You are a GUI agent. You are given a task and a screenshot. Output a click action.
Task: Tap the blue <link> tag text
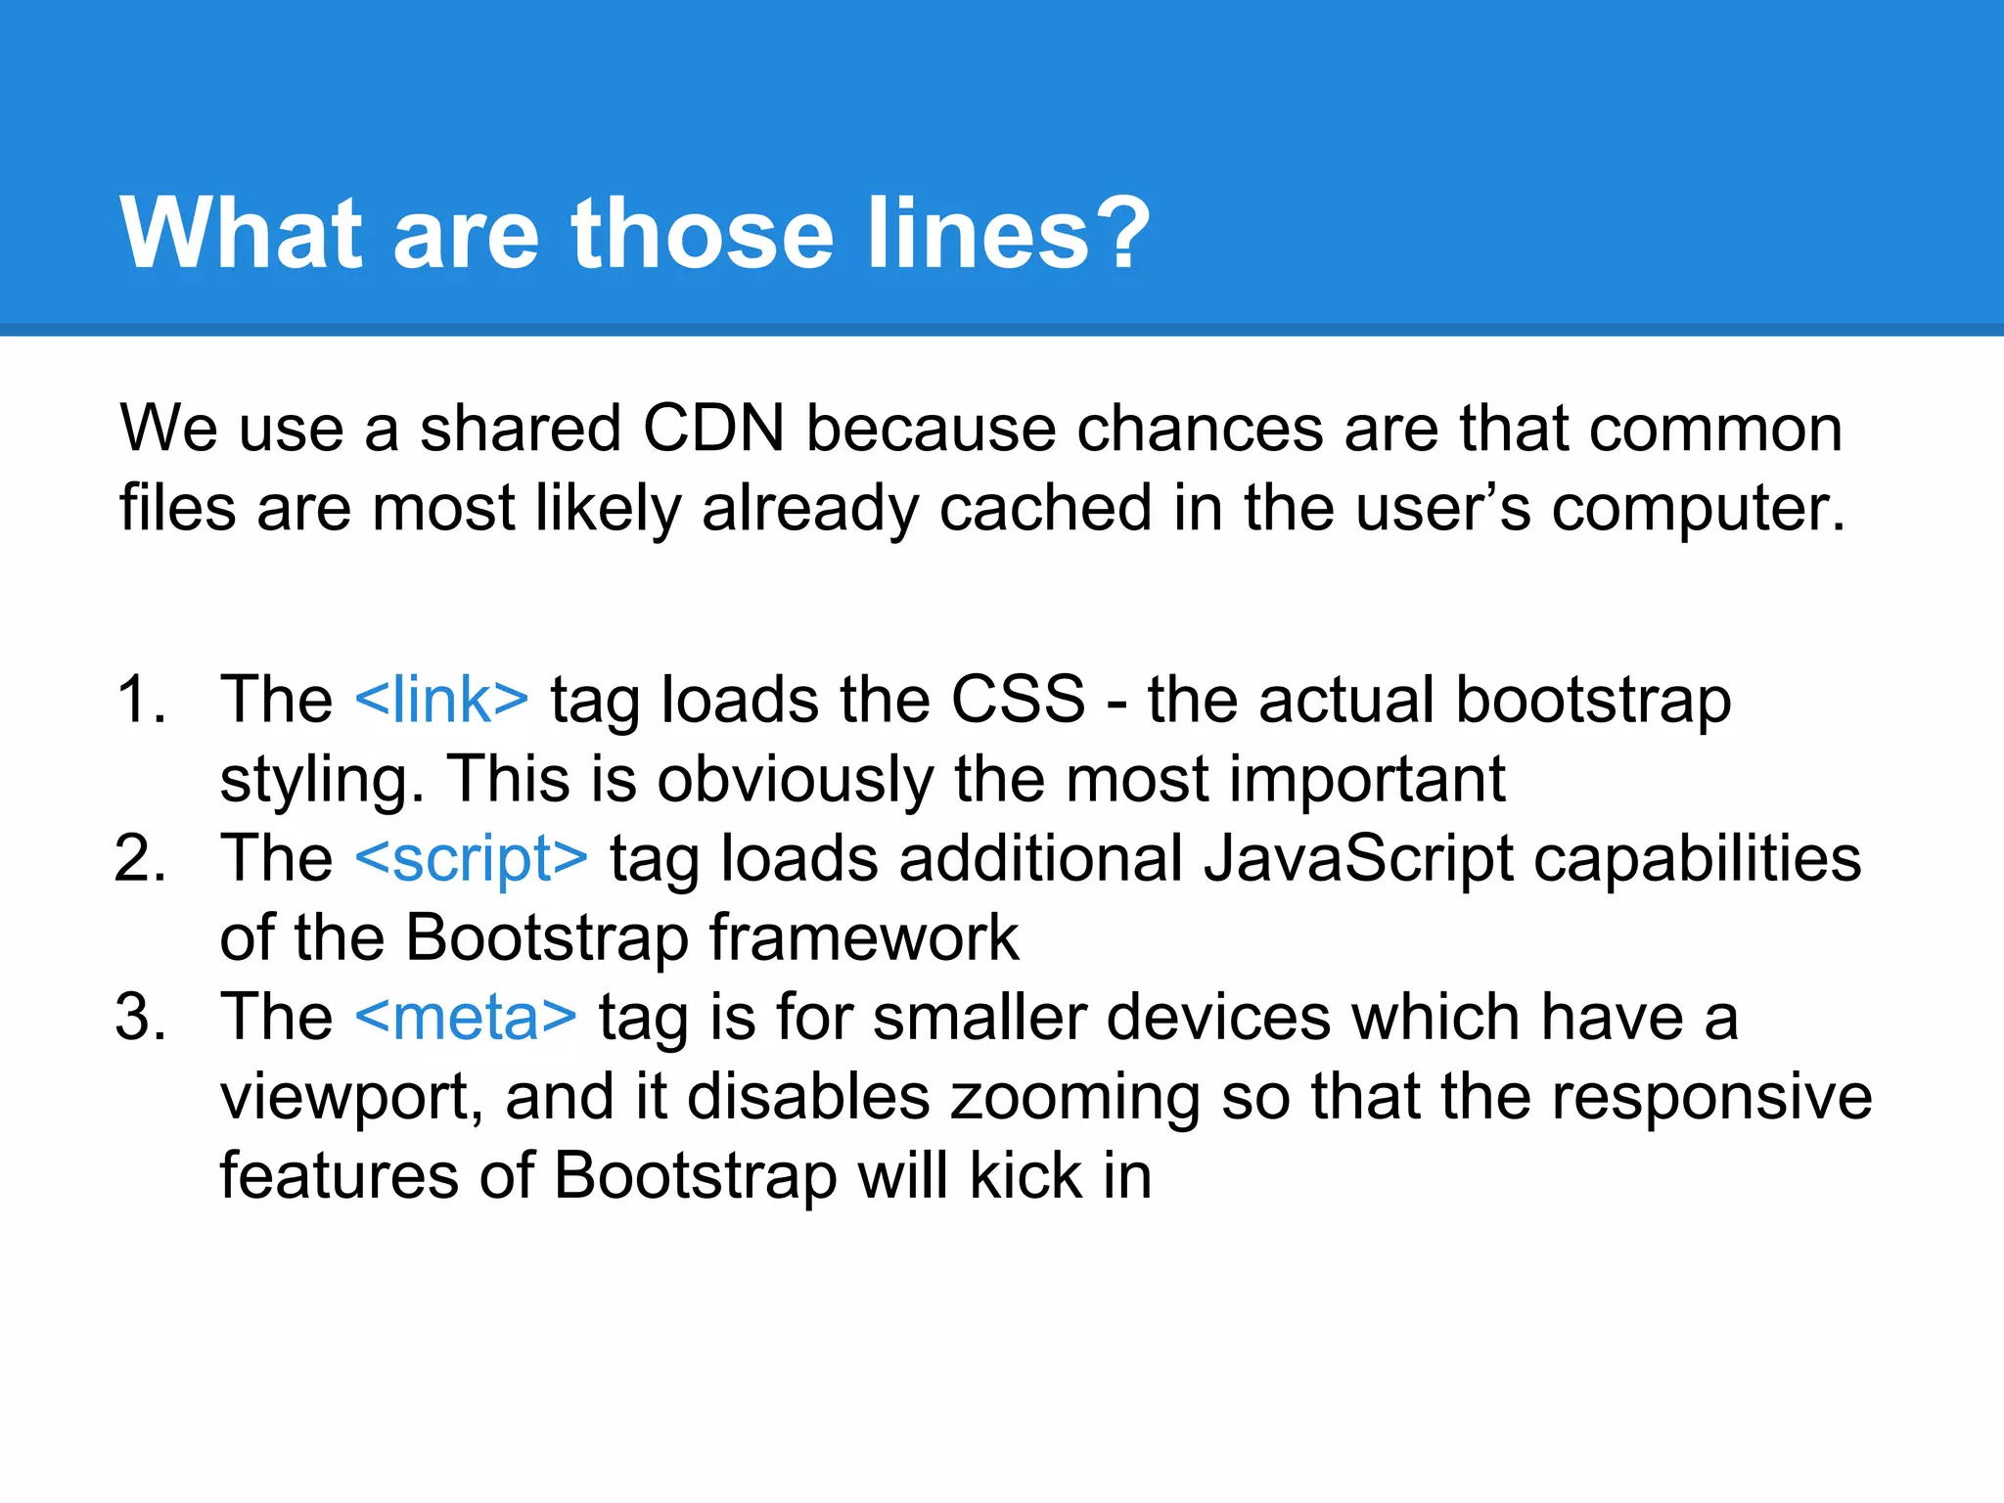(441, 700)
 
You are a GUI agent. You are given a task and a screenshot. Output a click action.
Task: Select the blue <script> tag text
(471, 858)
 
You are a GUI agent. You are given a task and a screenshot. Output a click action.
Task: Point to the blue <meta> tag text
(466, 1017)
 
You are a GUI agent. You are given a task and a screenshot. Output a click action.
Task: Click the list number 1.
(141, 700)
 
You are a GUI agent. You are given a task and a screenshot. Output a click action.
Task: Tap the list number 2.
(141, 858)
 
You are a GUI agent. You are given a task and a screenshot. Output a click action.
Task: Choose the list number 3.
(141, 1017)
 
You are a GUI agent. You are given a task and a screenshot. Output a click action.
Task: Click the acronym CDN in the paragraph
(713, 429)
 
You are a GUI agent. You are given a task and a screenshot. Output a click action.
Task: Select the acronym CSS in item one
(1018, 700)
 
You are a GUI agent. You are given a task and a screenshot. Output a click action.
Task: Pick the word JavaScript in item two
(1357, 858)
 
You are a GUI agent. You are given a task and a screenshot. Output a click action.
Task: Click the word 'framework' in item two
(864, 937)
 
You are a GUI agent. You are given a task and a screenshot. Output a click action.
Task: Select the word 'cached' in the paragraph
(1045, 509)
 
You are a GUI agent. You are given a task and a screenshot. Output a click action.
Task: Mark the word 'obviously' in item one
(796, 780)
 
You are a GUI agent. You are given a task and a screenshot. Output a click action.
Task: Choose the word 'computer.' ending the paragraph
(1698, 509)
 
